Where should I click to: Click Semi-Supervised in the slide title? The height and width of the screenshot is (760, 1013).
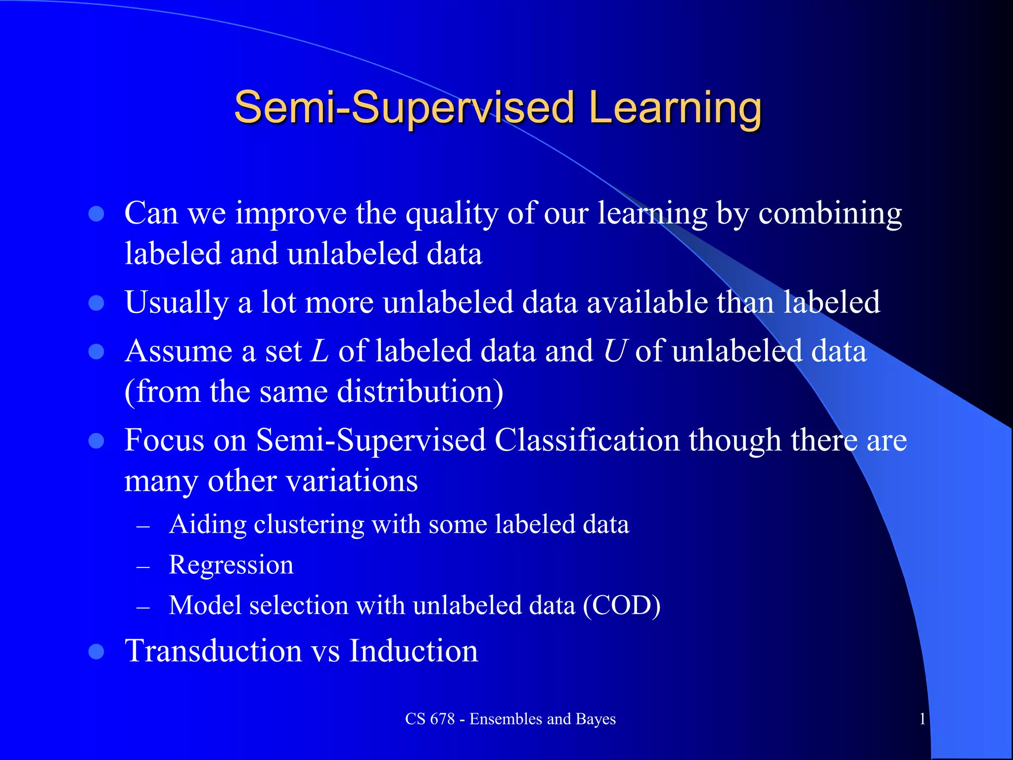pos(404,108)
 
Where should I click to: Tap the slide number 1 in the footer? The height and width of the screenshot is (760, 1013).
pos(922,718)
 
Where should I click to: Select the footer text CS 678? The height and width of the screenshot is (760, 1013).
pos(429,718)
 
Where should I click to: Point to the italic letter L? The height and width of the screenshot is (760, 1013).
pos(320,351)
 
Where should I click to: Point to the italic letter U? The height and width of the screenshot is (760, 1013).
pos(615,351)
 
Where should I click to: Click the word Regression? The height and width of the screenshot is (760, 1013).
pos(231,565)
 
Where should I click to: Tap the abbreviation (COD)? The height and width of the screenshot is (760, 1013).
pos(621,605)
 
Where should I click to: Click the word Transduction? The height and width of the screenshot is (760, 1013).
pos(213,651)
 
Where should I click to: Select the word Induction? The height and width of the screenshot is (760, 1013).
pos(414,651)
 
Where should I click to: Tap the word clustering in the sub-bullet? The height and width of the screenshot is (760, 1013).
pos(309,524)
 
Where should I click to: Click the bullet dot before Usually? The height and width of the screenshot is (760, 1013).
pos(96,303)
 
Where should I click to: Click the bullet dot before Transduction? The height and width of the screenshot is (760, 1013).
pos(96,652)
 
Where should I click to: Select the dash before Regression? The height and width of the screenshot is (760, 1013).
pos(143,567)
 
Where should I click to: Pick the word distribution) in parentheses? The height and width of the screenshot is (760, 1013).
pos(420,392)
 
